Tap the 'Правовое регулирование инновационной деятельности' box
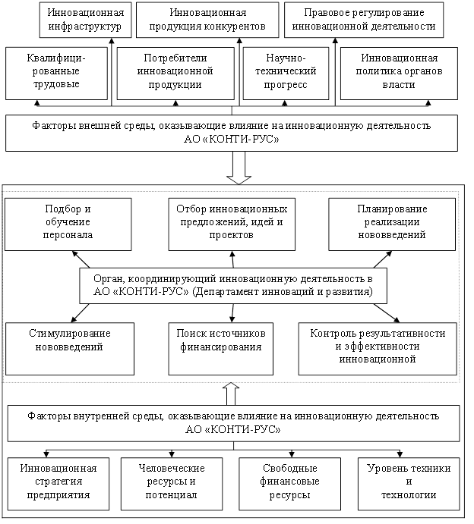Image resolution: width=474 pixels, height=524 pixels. pos(363,20)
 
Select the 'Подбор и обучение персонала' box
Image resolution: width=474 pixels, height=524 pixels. pos(68,224)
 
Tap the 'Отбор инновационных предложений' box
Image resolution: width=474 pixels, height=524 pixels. pos(232,224)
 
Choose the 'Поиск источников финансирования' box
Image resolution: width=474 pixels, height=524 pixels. pos(220,348)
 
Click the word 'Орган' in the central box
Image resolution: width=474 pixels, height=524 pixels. pos(108,279)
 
